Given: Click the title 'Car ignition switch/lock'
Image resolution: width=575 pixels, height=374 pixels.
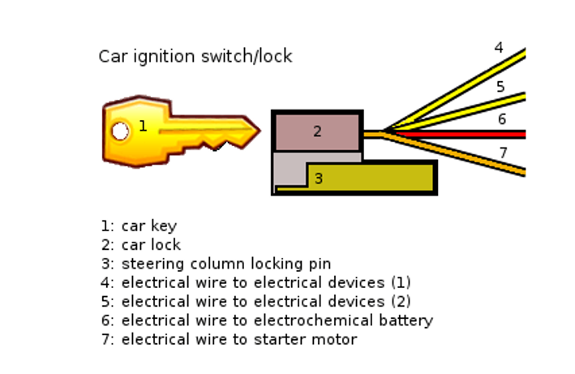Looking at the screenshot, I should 195,56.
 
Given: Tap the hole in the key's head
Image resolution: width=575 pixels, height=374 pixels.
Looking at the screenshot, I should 120,131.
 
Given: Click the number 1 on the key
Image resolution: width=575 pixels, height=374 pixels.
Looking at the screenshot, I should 143,126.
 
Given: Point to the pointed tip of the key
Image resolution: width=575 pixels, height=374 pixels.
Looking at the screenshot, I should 257,129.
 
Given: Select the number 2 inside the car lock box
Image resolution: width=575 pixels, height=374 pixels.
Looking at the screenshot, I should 317,131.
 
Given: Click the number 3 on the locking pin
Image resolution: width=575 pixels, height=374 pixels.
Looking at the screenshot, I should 318,178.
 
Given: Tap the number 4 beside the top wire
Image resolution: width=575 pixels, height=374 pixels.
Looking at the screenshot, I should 499,48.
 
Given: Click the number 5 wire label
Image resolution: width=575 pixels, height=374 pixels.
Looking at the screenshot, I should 500,87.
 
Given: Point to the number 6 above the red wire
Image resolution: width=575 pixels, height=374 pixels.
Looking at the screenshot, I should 501,119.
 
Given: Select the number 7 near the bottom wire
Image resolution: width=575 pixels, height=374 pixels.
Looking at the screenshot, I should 503,153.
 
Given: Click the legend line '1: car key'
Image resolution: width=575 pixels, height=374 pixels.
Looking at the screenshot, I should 139,226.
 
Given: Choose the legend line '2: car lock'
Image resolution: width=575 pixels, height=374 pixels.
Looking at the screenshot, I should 140,244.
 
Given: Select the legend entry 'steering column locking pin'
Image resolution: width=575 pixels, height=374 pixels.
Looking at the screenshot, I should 226,264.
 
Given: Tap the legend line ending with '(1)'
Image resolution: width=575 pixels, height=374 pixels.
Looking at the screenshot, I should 256,282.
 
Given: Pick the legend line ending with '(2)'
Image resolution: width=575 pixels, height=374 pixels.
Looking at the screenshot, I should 256,301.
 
